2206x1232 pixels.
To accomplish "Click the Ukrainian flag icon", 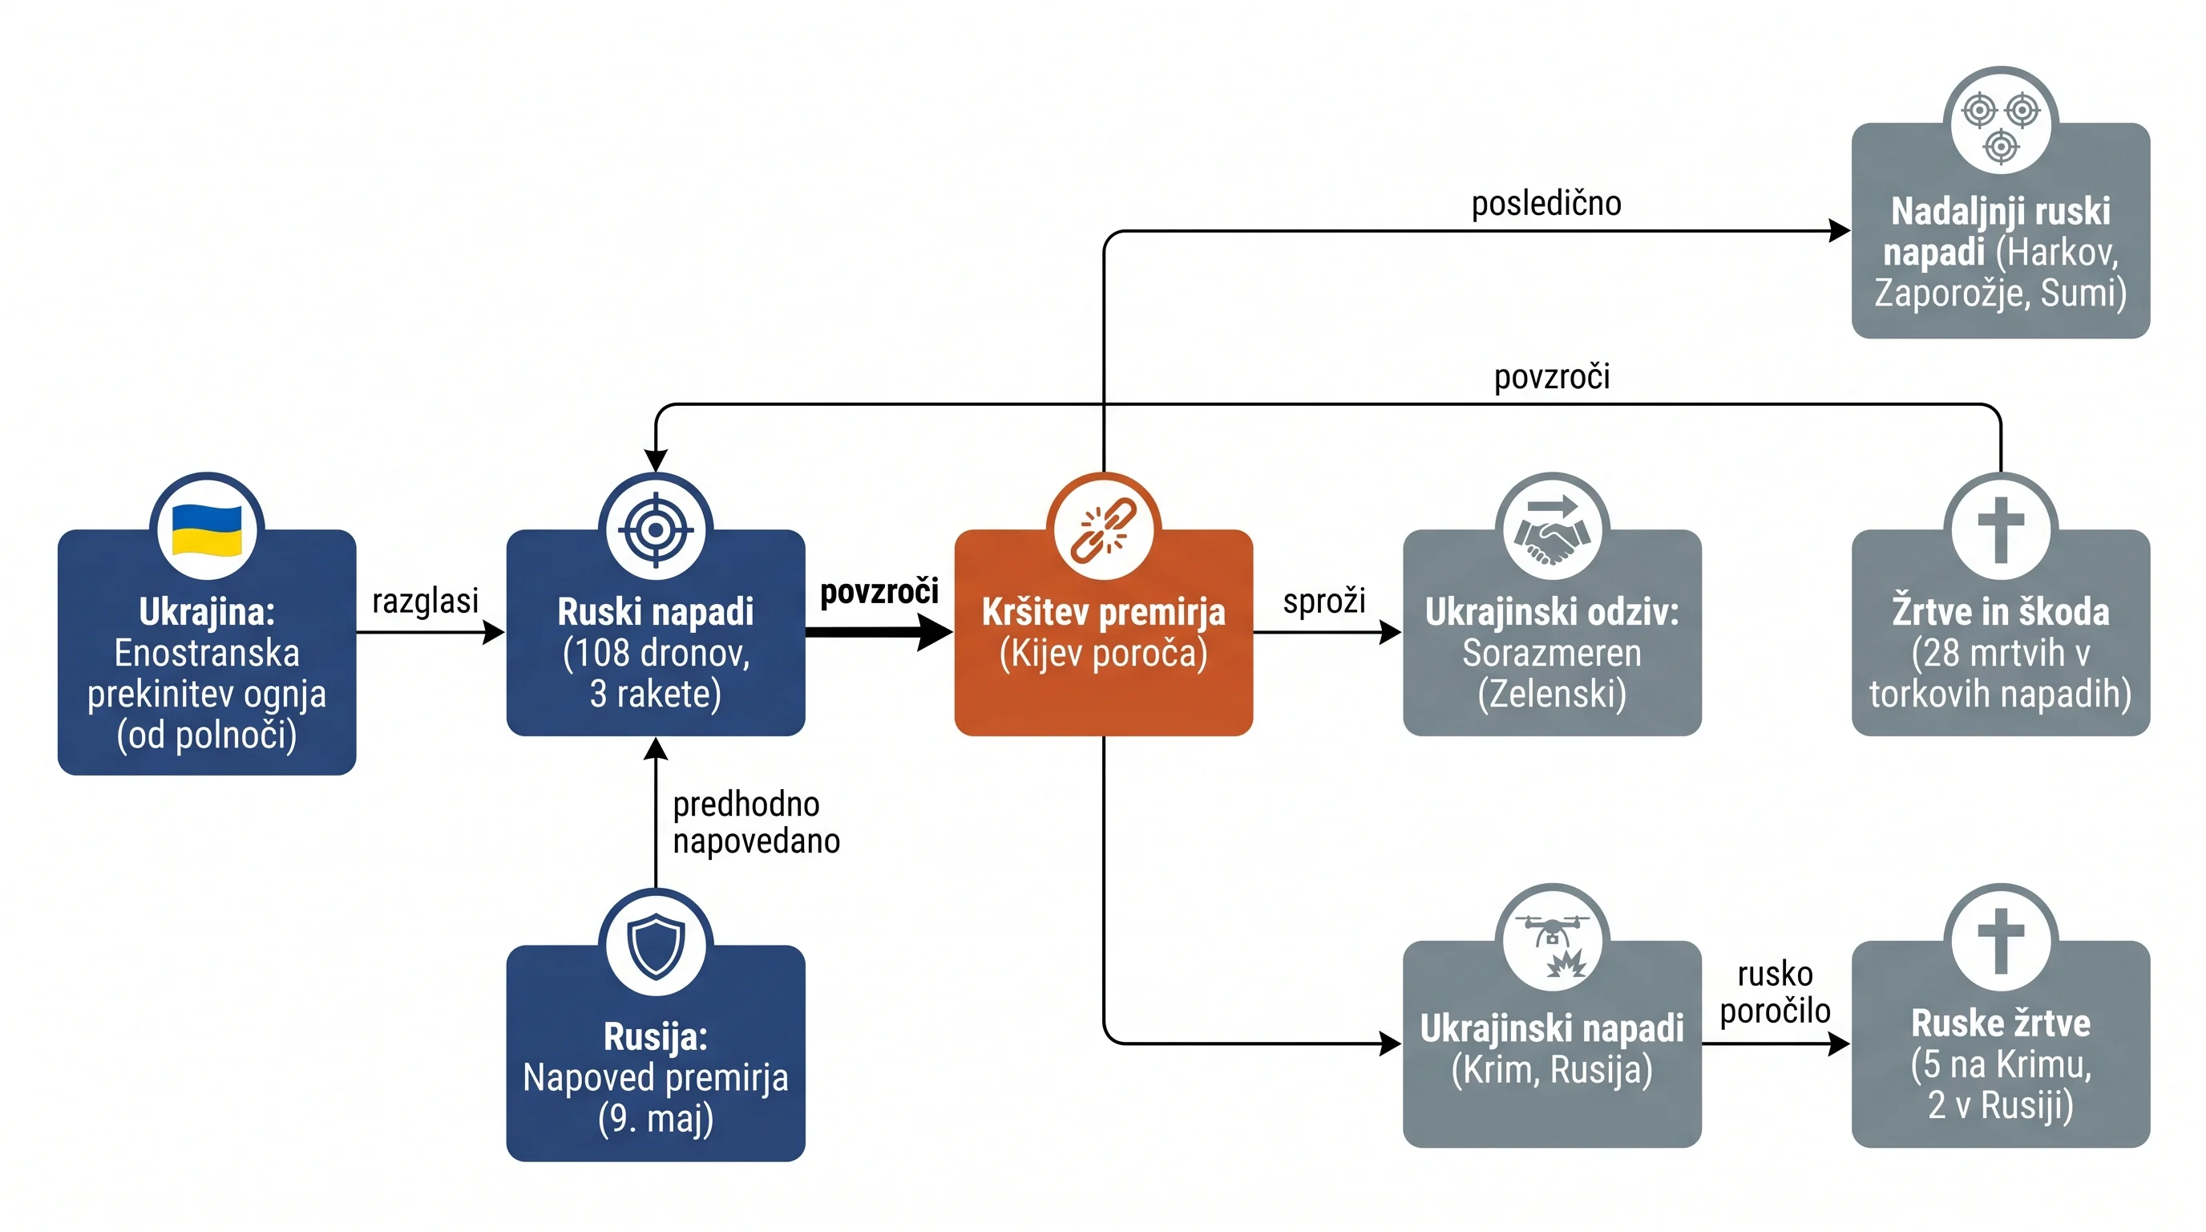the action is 206,529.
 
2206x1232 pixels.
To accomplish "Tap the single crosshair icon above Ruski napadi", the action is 655,529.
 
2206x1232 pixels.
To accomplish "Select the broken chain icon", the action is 1104,529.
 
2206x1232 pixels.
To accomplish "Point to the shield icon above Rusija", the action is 655,946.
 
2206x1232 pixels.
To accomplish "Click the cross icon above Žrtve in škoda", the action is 2001,529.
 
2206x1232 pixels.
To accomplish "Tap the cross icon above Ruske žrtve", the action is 2001,942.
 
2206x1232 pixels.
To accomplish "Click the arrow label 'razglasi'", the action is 426,602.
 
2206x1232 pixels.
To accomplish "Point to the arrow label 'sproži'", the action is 1324,602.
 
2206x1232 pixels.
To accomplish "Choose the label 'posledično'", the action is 1545,203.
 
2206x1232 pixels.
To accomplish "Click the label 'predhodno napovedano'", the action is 756,822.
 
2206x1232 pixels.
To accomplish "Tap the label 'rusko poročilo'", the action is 1776,992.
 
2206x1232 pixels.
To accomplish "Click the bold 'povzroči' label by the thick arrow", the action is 879,592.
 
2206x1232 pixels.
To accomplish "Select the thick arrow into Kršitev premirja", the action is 879,633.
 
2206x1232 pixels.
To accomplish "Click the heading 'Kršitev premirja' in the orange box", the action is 1104,612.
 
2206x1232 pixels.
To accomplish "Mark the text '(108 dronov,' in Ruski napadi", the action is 655,653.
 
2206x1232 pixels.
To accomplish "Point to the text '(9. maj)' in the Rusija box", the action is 655,1118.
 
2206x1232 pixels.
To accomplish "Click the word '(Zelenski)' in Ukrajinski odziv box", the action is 1552,693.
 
